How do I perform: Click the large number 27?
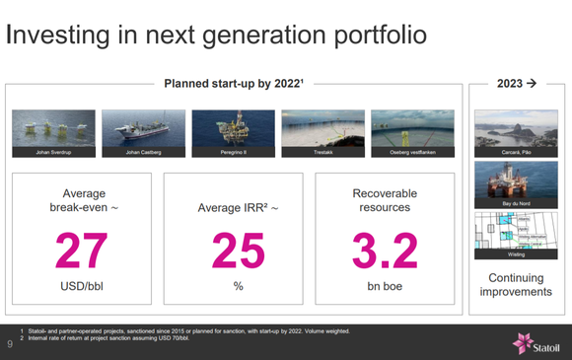pos(82,251)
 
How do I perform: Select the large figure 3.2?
pos(385,251)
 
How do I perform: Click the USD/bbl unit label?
pos(82,286)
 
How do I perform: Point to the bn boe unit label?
pos(385,286)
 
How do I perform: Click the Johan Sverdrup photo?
pos(53,133)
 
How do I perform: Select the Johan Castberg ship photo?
pos(143,133)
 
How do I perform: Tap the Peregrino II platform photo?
pos(233,133)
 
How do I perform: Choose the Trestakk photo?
pos(322,133)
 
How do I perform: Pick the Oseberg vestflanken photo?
pos(412,133)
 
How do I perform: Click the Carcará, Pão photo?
pos(516,133)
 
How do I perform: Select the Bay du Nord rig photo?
pos(516,184)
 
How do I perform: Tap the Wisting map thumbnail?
pos(516,236)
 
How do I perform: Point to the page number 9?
pos(10,344)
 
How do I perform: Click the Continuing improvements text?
pos(516,285)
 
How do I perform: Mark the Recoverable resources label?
pos(385,201)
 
